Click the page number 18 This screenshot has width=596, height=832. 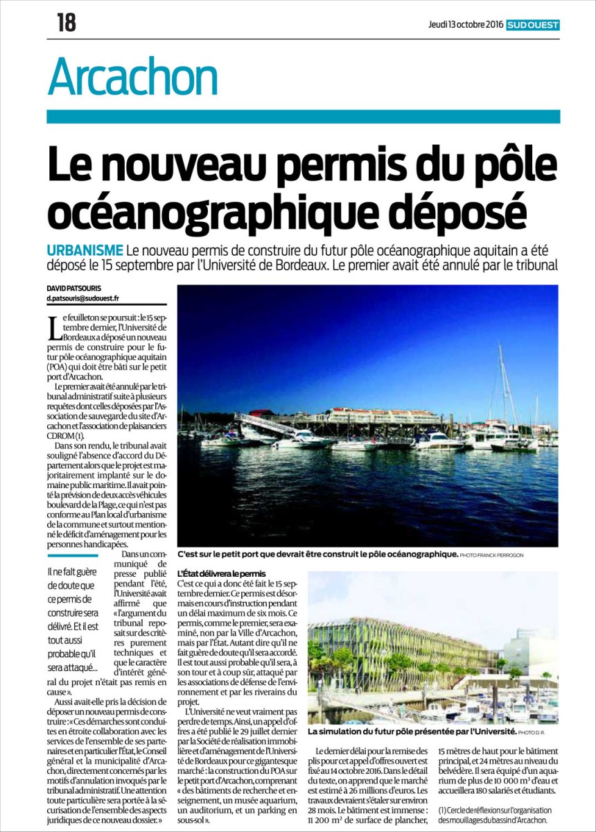[x=67, y=23]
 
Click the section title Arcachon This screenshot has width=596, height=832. [x=133, y=77]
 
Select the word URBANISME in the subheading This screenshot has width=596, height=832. [x=86, y=250]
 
